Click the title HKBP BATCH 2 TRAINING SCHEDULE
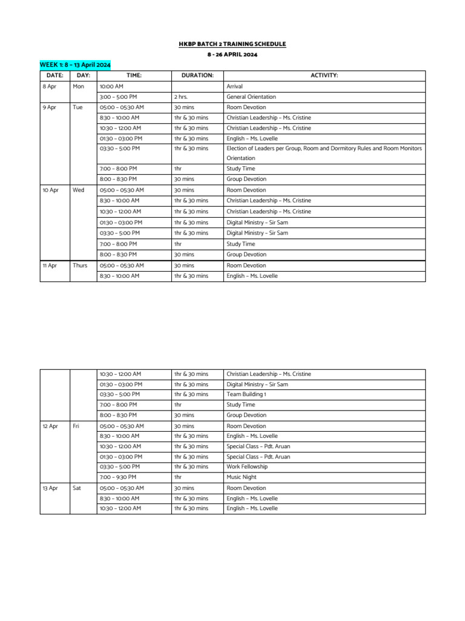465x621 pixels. (232, 44)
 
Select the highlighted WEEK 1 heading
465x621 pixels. (75, 64)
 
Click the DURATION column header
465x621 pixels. (197, 76)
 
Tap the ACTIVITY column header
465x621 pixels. (324, 76)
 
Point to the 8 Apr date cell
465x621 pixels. (49, 87)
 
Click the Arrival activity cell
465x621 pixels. (234, 87)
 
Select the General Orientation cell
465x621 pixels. (251, 97)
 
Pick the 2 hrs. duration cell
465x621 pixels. (181, 97)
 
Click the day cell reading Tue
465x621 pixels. (77, 107)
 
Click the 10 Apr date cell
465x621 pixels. (50, 190)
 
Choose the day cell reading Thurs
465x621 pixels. (80, 266)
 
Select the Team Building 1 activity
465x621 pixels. (246, 394)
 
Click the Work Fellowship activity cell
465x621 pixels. (246, 467)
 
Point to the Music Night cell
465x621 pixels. (240, 477)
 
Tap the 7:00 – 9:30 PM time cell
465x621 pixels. (118, 477)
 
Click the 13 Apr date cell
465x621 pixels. (50, 488)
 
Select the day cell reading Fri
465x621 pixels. (76, 426)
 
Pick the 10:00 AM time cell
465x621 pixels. (111, 87)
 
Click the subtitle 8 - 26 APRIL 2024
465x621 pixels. (232, 55)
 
